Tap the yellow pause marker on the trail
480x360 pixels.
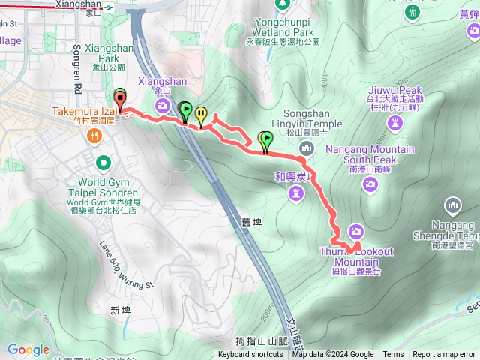click(x=201, y=115)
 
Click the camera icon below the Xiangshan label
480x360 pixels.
click(x=162, y=106)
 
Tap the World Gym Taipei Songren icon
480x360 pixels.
click(x=103, y=162)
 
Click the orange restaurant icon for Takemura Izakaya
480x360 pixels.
click(x=94, y=136)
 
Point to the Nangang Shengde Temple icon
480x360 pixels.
click(x=452, y=204)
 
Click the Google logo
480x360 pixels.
click(x=28, y=349)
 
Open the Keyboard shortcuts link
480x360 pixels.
click(x=251, y=355)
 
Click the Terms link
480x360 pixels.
click(x=393, y=355)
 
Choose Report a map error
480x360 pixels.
click(x=444, y=355)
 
